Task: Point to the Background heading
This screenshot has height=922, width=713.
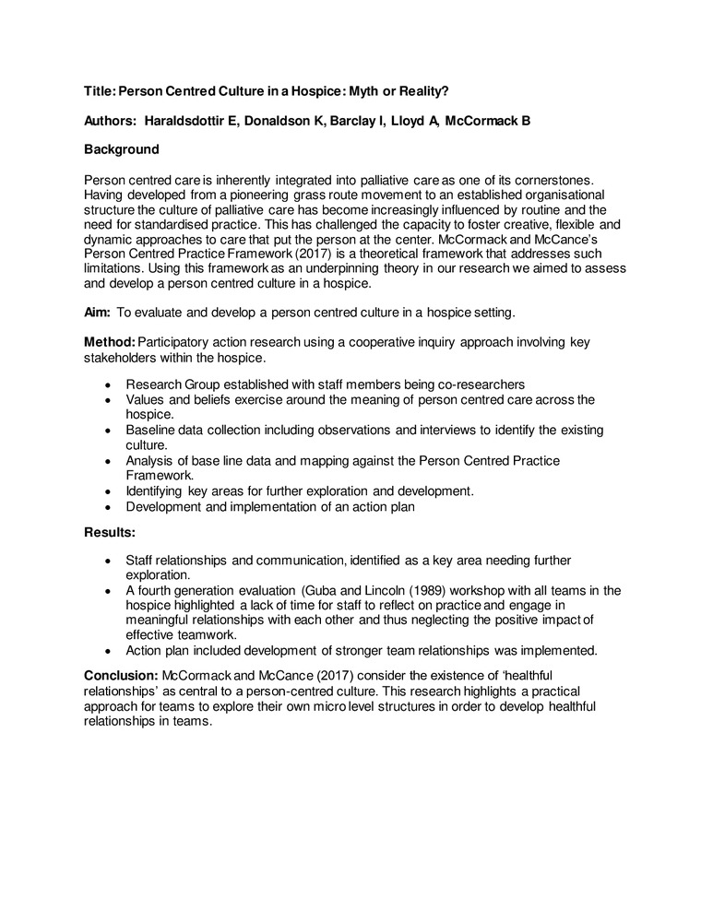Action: tap(121, 148)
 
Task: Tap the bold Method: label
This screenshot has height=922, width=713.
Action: tap(109, 342)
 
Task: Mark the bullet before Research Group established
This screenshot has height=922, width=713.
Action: tap(109, 384)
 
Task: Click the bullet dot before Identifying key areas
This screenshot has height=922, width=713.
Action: tap(109, 491)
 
